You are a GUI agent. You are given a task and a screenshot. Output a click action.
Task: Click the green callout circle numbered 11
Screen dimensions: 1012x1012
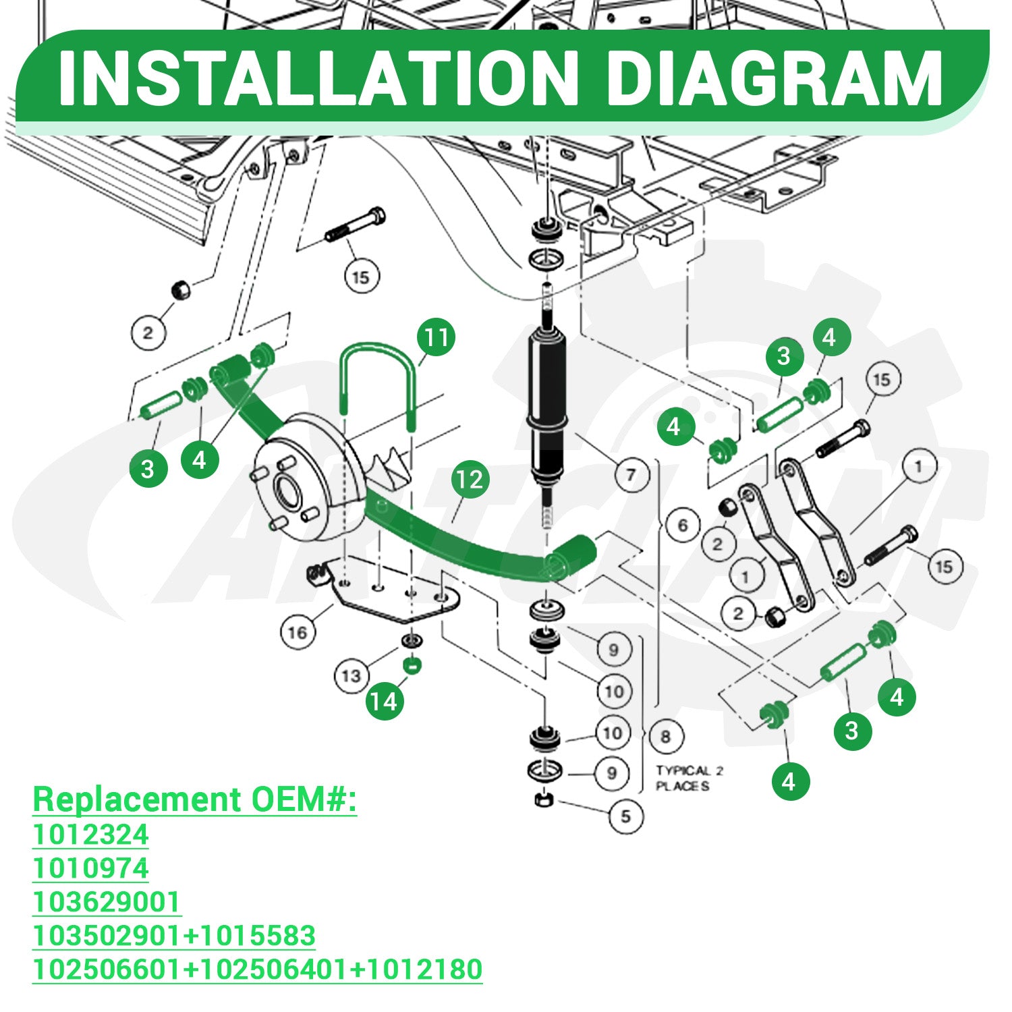coord(436,337)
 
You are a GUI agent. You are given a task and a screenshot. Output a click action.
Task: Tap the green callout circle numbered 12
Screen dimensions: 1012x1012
coord(470,480)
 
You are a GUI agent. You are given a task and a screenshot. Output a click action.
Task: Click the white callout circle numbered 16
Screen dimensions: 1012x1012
coord(298,632)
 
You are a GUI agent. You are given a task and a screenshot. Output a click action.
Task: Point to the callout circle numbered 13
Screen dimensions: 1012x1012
coord(352,675)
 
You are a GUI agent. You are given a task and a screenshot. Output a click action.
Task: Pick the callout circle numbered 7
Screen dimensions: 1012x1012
coord(631,475)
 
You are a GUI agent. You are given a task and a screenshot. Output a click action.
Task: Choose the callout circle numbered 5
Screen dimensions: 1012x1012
coord(625,816)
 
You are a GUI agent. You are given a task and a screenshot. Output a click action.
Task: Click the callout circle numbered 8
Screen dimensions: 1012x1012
coord(666,736)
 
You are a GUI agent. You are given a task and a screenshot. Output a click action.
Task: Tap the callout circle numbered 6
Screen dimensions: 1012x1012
coord(683,525)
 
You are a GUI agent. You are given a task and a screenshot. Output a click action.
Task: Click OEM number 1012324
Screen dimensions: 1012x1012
coord(90,835)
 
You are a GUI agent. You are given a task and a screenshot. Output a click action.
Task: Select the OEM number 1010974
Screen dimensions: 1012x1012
coord(90,868)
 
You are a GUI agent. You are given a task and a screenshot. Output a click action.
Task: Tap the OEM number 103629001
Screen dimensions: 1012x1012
coord(107,902)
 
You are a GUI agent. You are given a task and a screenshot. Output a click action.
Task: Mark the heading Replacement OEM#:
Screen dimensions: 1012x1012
coord(194,799)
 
